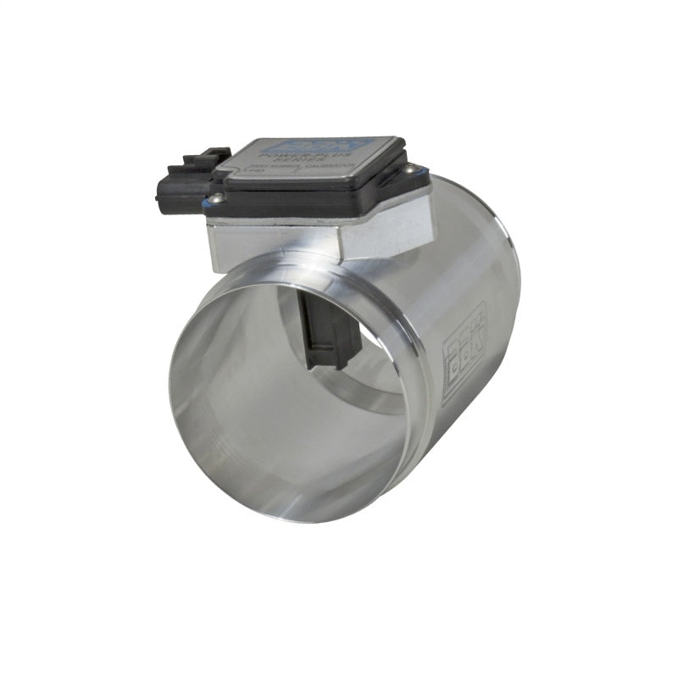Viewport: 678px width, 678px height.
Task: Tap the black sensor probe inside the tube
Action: [x=332, y=326]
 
